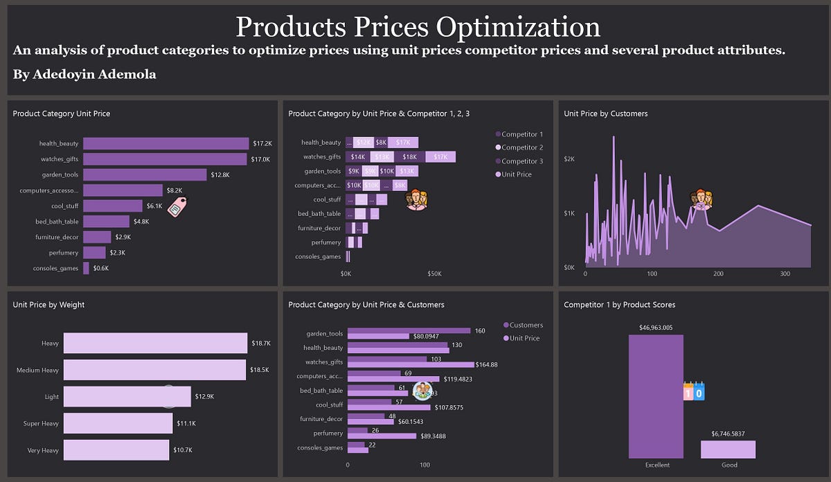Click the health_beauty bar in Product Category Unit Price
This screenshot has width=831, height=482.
(x=166, y=143)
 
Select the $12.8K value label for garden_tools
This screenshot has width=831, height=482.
(x=220, y=175)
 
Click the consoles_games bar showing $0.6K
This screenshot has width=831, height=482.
(x=86, y=268)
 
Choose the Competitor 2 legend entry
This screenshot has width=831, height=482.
(x=521, y=148)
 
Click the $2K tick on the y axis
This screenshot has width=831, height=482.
(x=569, y=159)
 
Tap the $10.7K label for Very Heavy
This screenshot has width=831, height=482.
(x=184, y=450)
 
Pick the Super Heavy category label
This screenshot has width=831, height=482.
(x=42, y=423)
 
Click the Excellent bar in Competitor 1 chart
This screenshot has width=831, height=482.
(x=656, y=396)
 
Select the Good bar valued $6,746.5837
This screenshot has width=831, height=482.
(x=728, y=450)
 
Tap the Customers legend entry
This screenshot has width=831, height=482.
(x=526, y=325)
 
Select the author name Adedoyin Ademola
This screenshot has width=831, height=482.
(x=84, y=74)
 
